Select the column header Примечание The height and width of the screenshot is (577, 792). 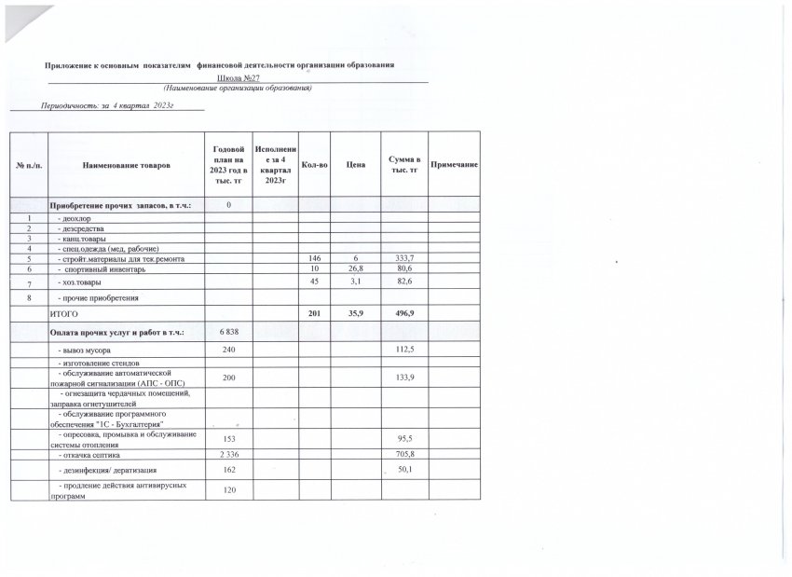pos(455,165)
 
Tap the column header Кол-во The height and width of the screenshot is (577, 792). pos(314,165)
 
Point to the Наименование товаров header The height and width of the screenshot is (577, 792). pos(127,165)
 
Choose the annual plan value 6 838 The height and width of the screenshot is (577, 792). pos(228,332)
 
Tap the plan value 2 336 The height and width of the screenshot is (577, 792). pos(228,454)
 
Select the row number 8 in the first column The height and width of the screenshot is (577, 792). pos(29,297)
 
